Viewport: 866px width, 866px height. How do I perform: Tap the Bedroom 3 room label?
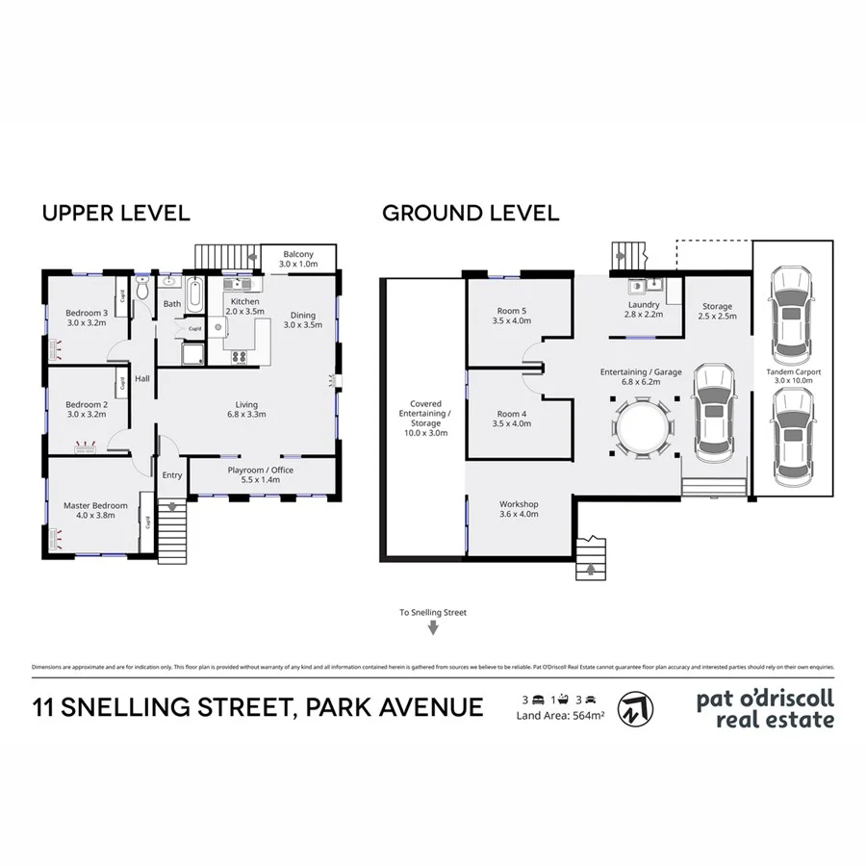pos(86,318)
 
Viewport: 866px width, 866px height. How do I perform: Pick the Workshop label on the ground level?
pos(518,509)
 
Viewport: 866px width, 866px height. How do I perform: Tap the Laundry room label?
pos(643,310)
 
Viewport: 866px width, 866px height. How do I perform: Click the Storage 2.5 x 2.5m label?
pos(716,312)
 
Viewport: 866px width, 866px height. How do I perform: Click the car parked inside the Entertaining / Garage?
pos(713,410)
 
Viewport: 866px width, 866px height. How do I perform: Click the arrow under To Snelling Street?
pos(433,628)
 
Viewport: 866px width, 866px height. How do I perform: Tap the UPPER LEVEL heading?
pos(115,214)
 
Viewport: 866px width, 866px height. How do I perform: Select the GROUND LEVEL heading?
pos(471,214)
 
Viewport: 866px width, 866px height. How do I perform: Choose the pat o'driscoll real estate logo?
pos(765,707)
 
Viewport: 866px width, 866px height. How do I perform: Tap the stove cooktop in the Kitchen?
pos(239,357)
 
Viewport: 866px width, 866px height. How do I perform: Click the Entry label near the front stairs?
pos(172,474)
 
